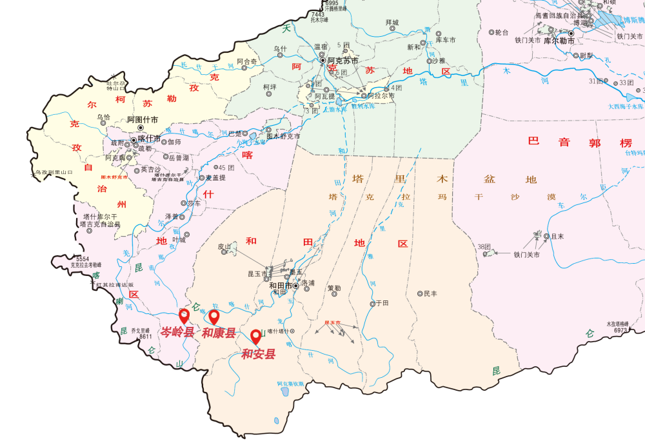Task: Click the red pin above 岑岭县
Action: (184, 315)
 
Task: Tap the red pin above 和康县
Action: (214, 317)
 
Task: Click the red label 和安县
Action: (258, 353)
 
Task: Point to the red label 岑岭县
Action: (177, 333)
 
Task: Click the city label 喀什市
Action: (150, 139)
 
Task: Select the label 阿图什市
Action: (142, 119)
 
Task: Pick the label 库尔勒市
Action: (559, 40)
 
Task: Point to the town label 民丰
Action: (430, 293)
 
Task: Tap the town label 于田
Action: (382, 303)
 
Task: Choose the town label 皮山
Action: (224, 246)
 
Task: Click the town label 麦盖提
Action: (215, 178)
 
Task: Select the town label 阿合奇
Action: (246, 61)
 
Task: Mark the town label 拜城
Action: (392, 23)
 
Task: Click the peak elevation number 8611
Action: (146, 336)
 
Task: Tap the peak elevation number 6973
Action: (621, 330)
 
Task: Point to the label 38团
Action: (484, 246)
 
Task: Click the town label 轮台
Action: (502, 32)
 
